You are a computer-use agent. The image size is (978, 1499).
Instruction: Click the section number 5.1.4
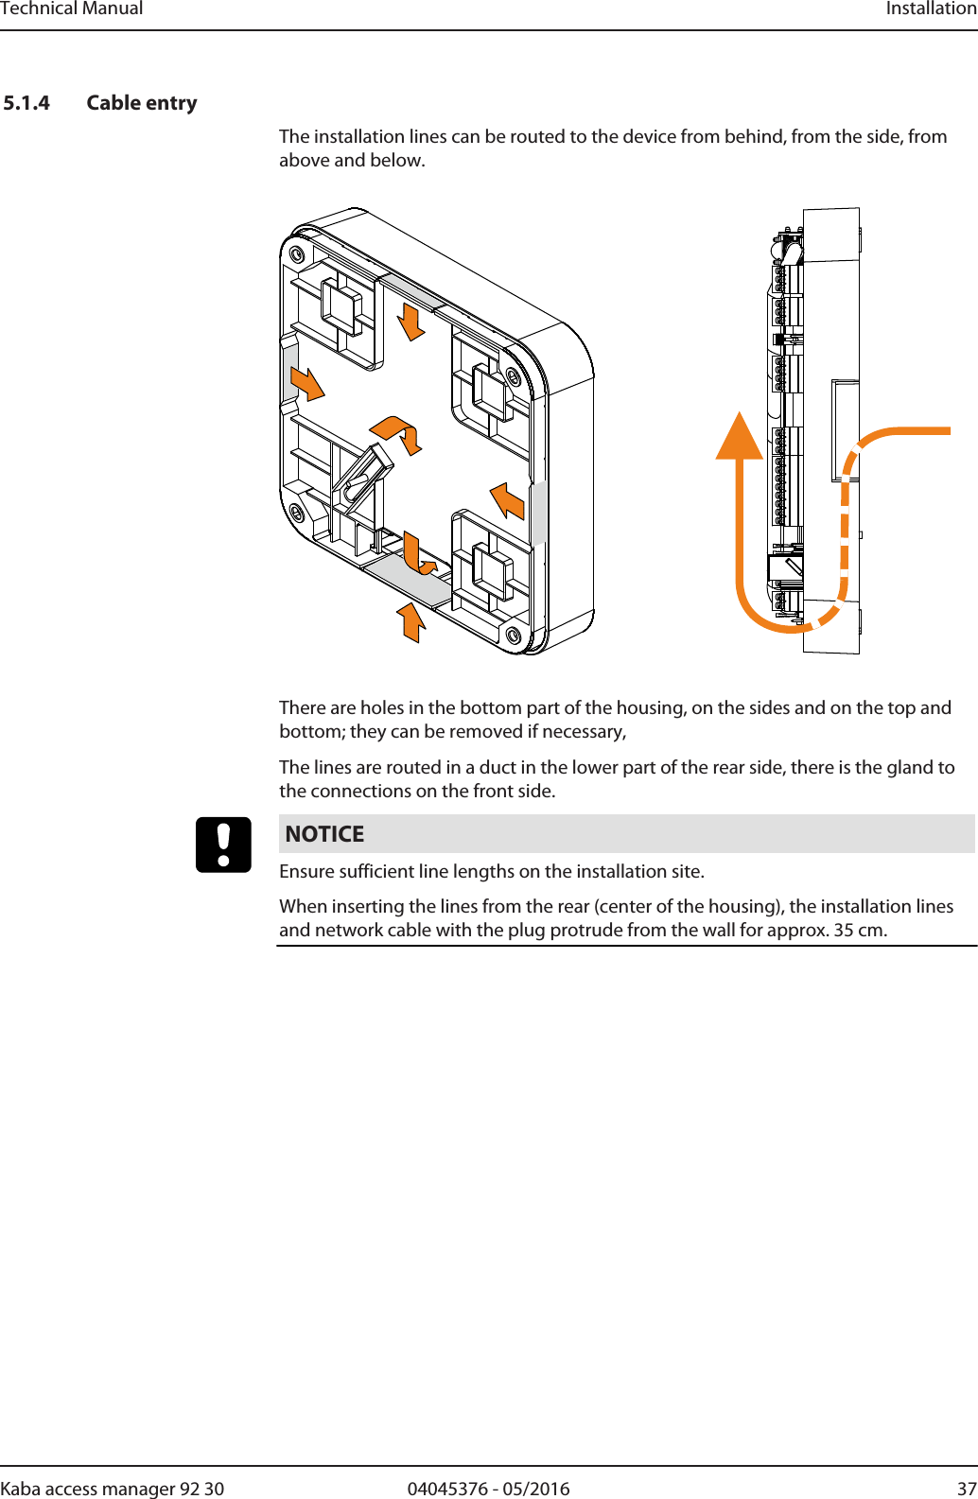point(26,103)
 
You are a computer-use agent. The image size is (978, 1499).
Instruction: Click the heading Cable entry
point(142,103)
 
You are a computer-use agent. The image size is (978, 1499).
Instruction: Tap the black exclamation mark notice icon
point(223,845)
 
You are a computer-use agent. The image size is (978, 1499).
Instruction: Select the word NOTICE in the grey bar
point(324,834)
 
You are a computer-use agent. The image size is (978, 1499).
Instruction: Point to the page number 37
point(967,1489)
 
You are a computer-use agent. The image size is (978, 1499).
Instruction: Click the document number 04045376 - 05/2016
point(488,1489)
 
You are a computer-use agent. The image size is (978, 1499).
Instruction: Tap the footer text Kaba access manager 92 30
point(113,1489)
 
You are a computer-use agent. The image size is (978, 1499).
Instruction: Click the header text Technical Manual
point(72,9)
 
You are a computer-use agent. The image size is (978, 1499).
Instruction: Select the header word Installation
point(931,9)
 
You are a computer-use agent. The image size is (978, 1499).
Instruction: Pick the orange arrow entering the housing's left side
point(306,383)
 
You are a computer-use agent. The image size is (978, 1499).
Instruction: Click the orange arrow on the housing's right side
point(509,499)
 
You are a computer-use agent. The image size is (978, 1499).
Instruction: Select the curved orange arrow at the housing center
point(398,432)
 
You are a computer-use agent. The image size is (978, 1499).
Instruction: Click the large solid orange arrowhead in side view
point(740,437)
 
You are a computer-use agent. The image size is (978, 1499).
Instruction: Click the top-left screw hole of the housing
point(297,254)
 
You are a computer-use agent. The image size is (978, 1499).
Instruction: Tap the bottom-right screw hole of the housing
point(514,635)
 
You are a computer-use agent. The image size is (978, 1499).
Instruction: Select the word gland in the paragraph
point(881,768)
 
